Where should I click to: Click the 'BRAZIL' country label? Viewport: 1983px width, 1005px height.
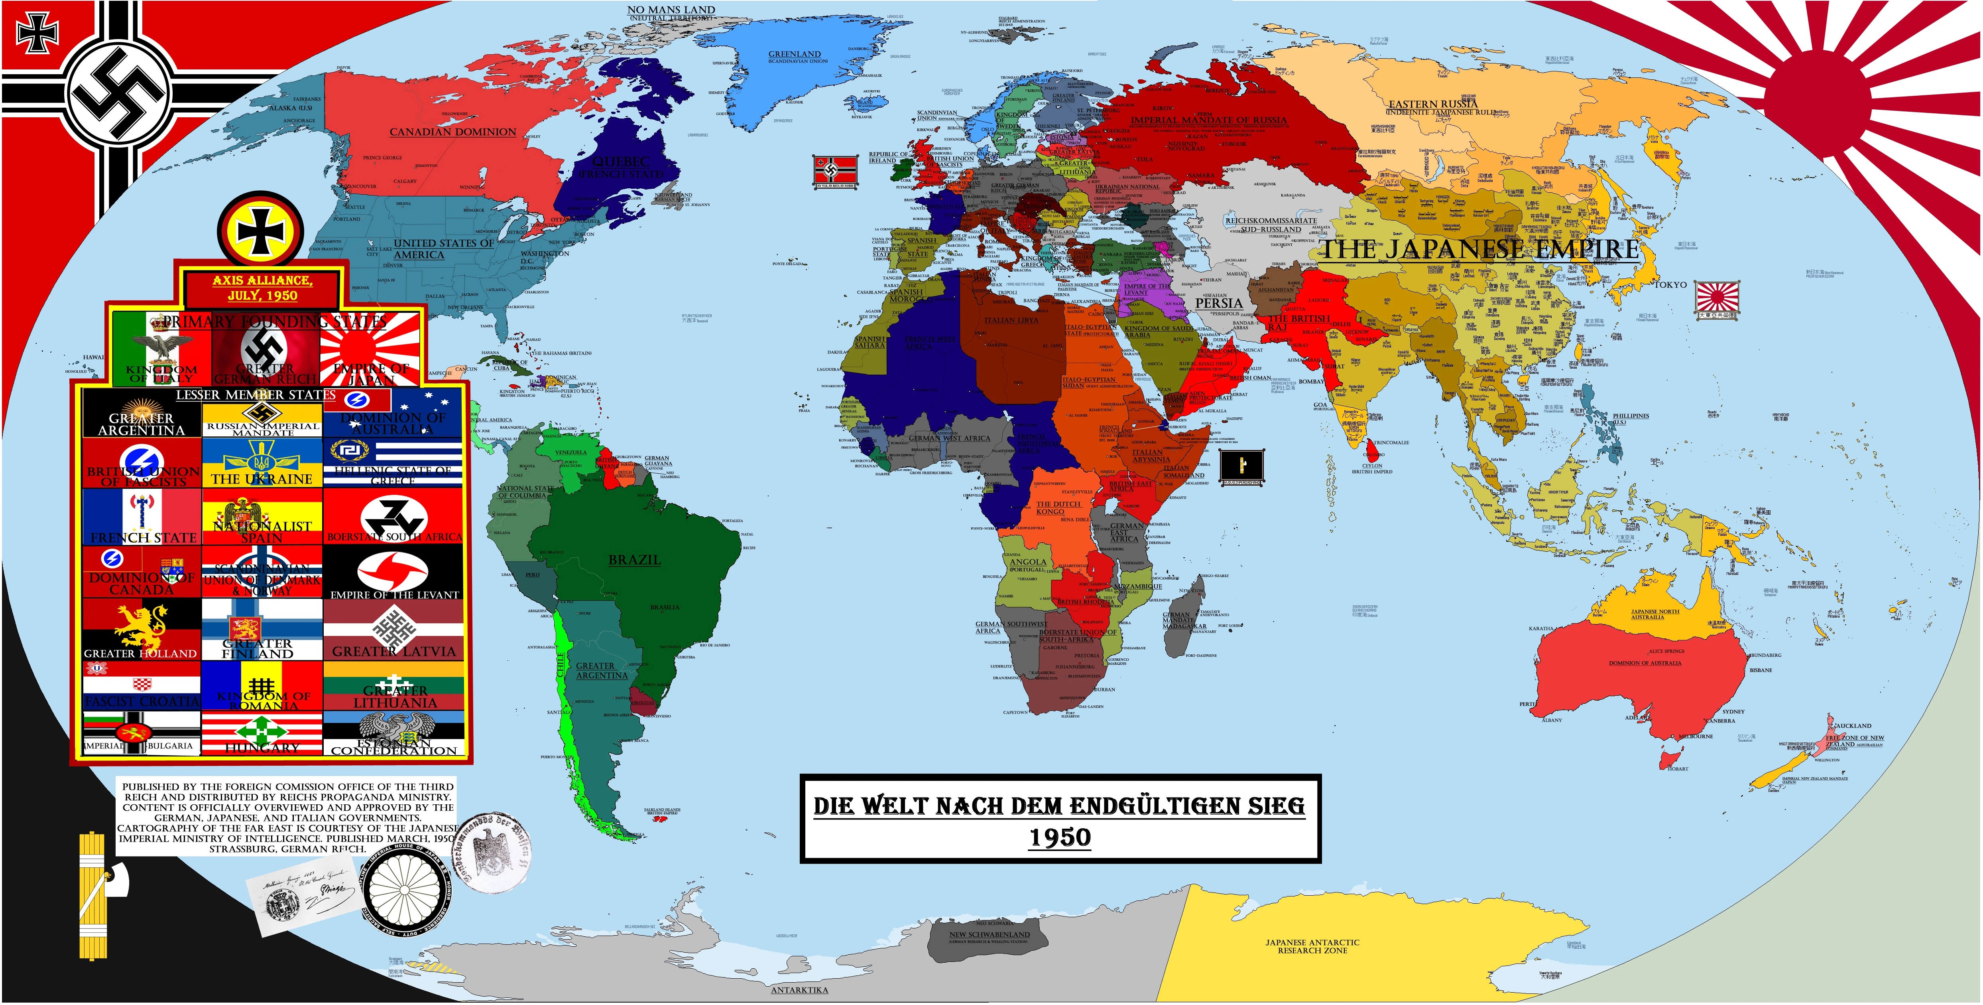pyautogui.click(x=634, y=560)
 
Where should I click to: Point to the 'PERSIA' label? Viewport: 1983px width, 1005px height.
pyautogui.click(x=1219, y=303)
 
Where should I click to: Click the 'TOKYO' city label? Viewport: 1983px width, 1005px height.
pyautogui.click(x=1670, y=284)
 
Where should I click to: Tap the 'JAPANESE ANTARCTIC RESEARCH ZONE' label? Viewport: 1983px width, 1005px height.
pyautogui.click(x=1312, y=946)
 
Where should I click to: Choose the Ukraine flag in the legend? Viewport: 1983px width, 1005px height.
pyautogui.click(x=262, y=462)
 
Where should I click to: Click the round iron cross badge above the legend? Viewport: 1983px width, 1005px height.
pyautogui.click(x=260, y=232)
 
